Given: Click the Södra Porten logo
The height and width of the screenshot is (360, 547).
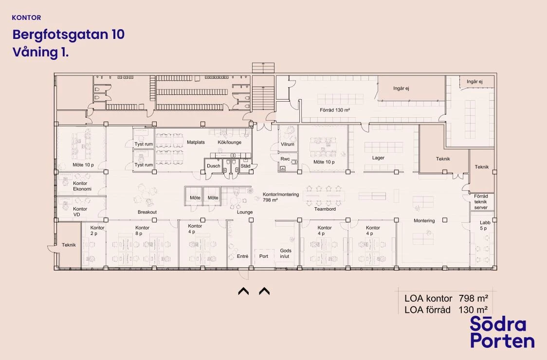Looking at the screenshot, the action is pos(502,332).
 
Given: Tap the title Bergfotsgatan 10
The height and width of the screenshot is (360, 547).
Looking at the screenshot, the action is pos(68,35).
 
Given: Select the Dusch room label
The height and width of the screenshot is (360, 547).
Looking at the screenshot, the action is pos(214,166).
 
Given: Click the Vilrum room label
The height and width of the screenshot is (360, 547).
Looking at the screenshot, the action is pos(288,144).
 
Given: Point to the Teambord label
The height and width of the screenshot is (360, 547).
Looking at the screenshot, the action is pos(325,209).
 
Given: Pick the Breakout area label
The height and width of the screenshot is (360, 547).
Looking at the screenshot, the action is pos(147,212).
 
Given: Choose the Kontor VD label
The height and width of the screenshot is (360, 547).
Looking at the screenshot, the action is pos(80,212).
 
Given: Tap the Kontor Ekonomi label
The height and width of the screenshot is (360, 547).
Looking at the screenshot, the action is pos(82,186).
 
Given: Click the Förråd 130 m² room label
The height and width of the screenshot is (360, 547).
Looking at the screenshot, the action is pos(335,110).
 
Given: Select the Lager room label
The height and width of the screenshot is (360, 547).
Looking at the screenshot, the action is pos(378,158).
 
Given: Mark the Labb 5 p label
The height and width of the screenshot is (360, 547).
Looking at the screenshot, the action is pos(485,225).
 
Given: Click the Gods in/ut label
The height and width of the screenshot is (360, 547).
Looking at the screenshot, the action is pos(285,253).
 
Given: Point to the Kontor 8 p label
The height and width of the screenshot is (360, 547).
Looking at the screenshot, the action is pos(142,231).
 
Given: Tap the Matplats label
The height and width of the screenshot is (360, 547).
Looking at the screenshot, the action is pos(196,143).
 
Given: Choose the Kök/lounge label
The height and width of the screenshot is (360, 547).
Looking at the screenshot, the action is pos(230,143).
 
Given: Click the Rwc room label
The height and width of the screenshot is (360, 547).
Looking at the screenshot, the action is pos(285,159).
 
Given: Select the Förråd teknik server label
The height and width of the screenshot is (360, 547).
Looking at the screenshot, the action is pos(481,202).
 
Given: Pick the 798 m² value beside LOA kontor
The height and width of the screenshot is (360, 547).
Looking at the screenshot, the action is pos(473,299).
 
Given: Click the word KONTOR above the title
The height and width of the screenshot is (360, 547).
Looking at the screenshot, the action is pos(26,18).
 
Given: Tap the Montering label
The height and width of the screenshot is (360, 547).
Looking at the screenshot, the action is pos(424,221).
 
